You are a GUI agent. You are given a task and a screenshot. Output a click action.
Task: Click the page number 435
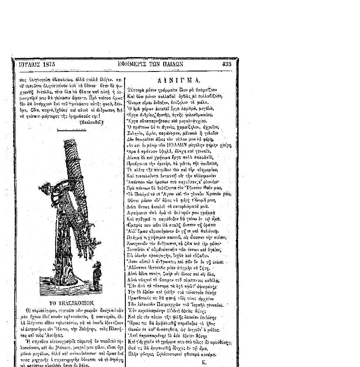(226, 64)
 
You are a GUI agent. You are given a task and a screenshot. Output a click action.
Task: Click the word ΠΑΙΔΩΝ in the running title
(173, 64)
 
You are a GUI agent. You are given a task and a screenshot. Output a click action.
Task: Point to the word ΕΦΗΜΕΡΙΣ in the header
(132, 64)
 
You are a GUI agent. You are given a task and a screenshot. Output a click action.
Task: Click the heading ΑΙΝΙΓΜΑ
(179, 81)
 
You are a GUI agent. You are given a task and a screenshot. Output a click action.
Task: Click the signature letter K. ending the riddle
(204, 362)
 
